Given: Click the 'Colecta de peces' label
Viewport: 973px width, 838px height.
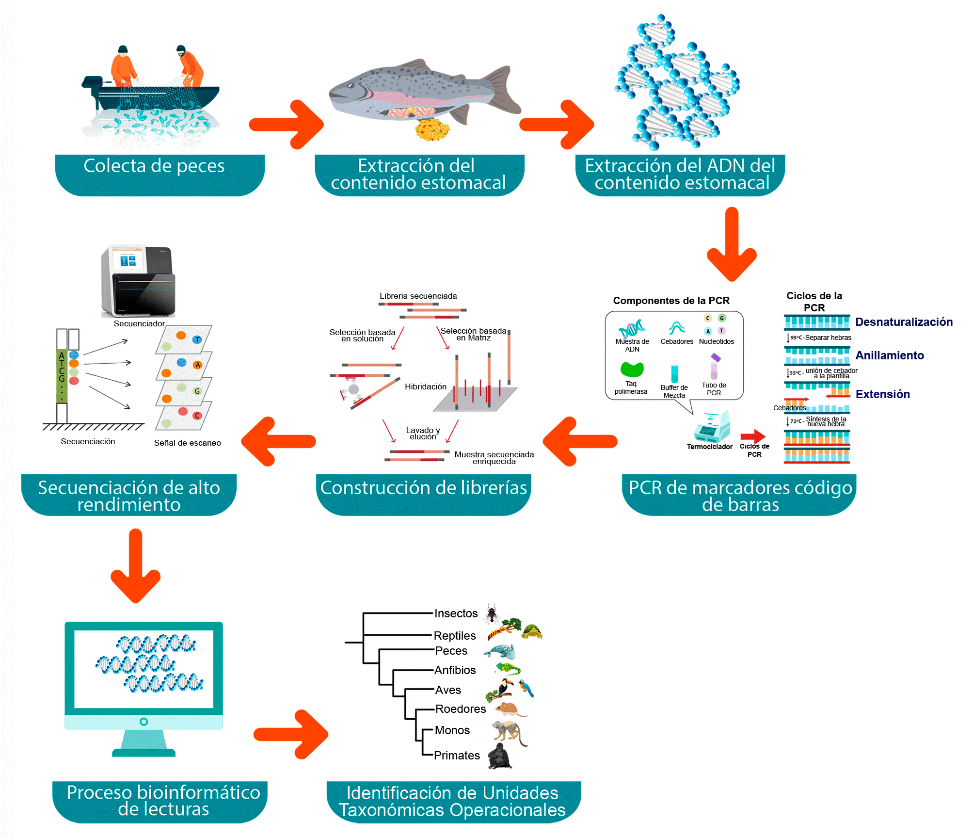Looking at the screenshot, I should (x=154, y=166).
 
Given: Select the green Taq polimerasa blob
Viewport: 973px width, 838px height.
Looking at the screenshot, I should (x=632, y=370).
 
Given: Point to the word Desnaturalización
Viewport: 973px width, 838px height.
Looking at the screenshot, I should (x=904, y=322).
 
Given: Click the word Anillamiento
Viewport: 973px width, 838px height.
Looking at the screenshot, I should (x=889, y=355).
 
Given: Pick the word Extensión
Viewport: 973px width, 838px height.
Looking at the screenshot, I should (x=882, y=394).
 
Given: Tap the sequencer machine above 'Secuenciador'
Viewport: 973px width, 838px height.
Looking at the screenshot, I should (x=138, y=281).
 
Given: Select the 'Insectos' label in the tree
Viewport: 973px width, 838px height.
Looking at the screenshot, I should (x=456, y=613).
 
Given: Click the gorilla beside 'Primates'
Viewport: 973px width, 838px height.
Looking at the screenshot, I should (x=499, y=757).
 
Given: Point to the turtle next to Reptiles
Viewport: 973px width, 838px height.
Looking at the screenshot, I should (x=532, y=631).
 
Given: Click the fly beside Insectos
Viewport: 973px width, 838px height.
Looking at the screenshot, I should (x=492, y=613).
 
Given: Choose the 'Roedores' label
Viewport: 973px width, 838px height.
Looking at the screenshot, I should (x=460, y=709).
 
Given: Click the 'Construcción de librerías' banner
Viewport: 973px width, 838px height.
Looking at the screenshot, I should (x=423, y=488).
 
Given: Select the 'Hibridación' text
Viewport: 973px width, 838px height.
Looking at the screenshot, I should (x=425, y=387).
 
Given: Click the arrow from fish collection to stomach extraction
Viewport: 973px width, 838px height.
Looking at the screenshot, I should (x=286, y=125).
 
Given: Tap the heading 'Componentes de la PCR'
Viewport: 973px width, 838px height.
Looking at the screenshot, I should (x=671, y=301).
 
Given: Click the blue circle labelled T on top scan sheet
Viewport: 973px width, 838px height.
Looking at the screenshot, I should (x=197, y=339).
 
